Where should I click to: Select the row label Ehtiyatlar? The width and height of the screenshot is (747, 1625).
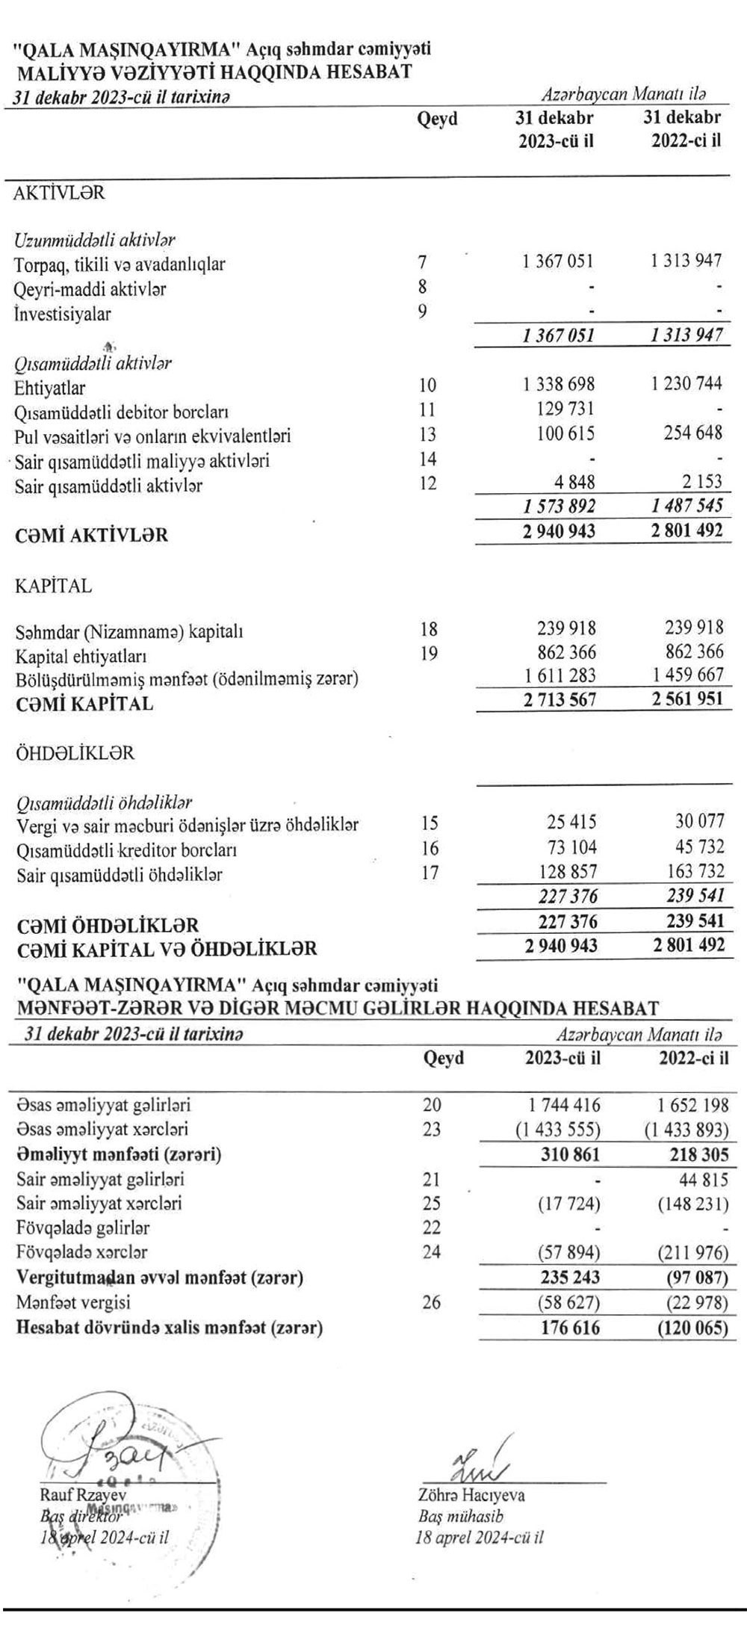pyautogui.click(x=49, y=388)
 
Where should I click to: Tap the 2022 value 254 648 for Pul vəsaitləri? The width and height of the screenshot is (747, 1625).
pyautogui.click(x=692, y=433)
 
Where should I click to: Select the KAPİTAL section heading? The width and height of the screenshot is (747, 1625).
pyautogui.click(x=53, y=586)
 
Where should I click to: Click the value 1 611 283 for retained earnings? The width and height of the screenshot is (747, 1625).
pyautogui.click(x=559, y=676)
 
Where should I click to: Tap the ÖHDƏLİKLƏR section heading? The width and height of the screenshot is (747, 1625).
pyautogui.click(x=75, y=753)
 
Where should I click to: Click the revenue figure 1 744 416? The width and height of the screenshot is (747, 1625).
pyautogui.click(x=561, y=1105)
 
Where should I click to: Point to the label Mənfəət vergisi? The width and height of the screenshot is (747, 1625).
pyautogui.click(x=72, y=1302)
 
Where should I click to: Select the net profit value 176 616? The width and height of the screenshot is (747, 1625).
pyautogui.click(x=570, y=1327)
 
